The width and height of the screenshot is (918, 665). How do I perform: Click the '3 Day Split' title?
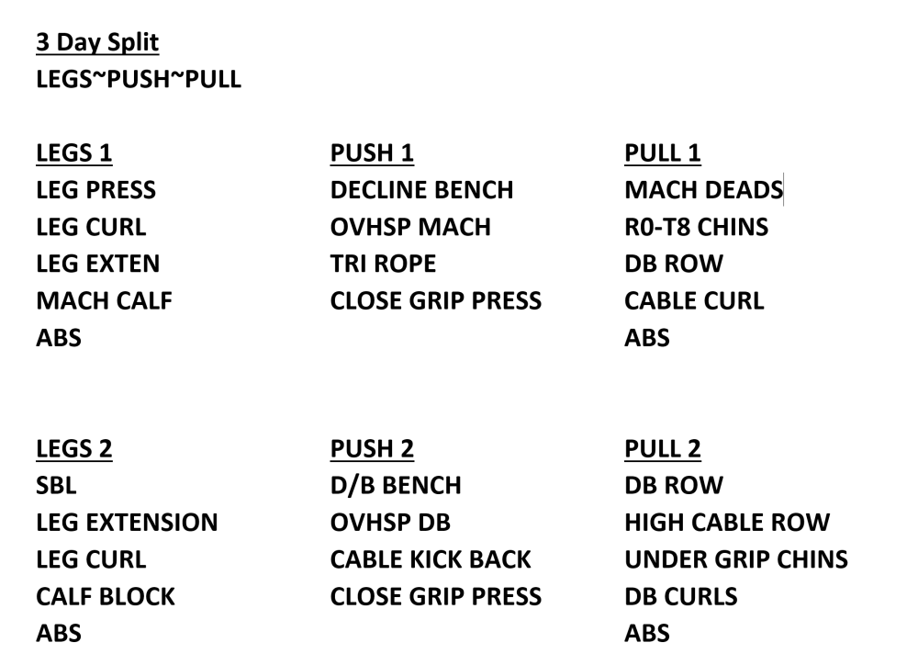coord(97,43)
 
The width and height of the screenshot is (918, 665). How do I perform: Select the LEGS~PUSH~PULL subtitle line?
coord(139,79)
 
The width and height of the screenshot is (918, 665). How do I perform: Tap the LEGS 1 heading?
coord(73,152)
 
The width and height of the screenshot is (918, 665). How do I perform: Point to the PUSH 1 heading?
coord(372,152)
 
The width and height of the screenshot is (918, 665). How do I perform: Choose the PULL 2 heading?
coord(662,449)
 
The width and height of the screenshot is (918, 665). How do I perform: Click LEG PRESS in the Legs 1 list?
coord(96,190)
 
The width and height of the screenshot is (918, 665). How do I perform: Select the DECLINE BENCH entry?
coord(421,190)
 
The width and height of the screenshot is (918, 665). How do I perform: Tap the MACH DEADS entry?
coord(704,190)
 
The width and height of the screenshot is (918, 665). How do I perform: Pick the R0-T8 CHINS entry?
coord(696,227)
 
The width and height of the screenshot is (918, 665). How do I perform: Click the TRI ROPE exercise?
coord(383,264)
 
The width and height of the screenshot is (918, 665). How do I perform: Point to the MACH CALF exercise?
coord(105,300)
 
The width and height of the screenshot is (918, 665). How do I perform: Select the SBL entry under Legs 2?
coord(56,485)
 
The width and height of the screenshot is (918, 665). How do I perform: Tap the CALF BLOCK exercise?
coord(106,596)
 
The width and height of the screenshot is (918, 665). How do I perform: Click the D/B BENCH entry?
coord(396,485)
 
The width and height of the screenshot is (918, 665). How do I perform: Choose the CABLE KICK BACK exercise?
coord(431,559)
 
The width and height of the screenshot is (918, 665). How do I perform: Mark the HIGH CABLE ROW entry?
coord(727,523)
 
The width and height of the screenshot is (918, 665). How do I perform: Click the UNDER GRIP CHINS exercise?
coord(736,559)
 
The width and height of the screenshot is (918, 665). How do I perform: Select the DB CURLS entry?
coord(681,596)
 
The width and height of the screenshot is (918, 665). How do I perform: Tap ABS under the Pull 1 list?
coord(647,337)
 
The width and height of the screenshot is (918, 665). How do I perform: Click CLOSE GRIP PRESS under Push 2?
coord(435,596)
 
